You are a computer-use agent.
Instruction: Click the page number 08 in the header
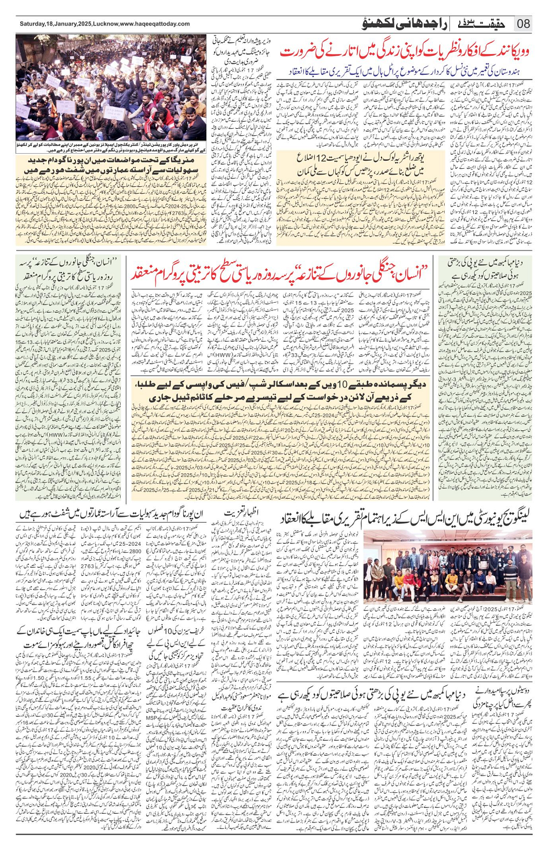pos(524,24)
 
